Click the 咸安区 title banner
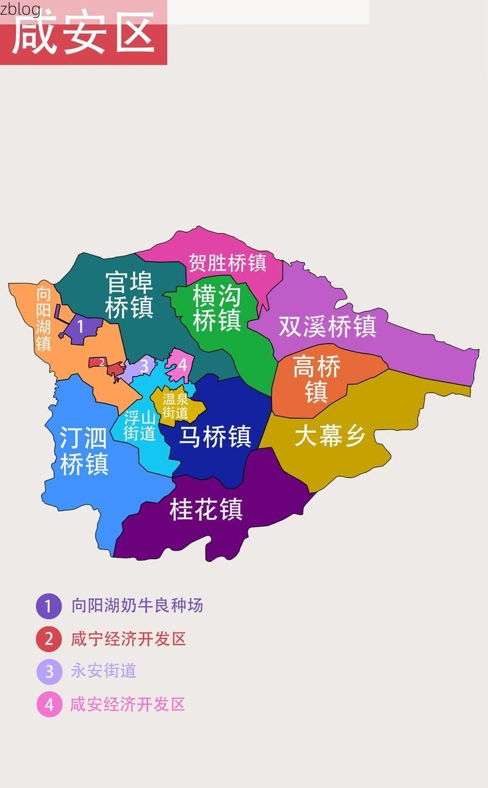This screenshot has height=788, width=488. pyautogui.click(x=84, y=34)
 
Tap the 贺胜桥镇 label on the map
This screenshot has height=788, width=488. pyautogui.click(x=227, y=263)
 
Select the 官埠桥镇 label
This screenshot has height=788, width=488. pyautogui.click(x=129, y=295)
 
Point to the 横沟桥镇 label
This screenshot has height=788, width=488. pyautogui.click(x=217, y=308)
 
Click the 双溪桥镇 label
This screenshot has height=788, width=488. pyautogui.click(x=327, y=326)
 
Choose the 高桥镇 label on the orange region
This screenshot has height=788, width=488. pyautogui.click(x=316, y=379)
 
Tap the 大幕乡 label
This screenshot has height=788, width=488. pyautogui.click(x=329, y=436)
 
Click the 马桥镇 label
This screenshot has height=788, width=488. pyautogui.click(x=215, y=436)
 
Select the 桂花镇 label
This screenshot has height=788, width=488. pyautogui.click(x=206, y=510)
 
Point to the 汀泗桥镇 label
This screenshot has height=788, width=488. pyautogui.click(x=84, y=450)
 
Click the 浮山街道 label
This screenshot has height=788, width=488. pyautogui.click(x=140, y=425)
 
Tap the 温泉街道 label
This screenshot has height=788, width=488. pyautogui.click(x=175, y=406)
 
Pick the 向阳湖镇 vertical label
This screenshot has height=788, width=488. pyautogui.click(x=43, y=318)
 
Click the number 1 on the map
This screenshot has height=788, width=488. pyautogui.click(x=80, y=327)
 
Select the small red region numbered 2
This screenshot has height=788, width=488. pyautogui.click(x=102, y=363)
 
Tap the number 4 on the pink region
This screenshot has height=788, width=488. pyautogui.click(x=182, y=365)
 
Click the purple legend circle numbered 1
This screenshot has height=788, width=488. pyautogui.click(x=49, y=606)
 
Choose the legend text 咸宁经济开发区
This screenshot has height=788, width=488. pyautogui.click(x=128, y=639)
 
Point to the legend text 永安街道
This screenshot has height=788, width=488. pyautogui.click(x=104, y=671)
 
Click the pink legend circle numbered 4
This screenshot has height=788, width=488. pyautogui.click(x=49, y=704)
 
